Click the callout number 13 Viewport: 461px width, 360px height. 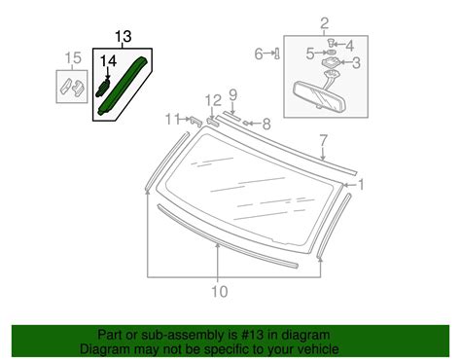coord(122,38)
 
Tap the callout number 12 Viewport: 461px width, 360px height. coord(213,100)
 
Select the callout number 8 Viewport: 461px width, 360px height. coord(265,124)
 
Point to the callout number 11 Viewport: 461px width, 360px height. coord(170,119)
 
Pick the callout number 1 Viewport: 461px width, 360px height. coord(362,184)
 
